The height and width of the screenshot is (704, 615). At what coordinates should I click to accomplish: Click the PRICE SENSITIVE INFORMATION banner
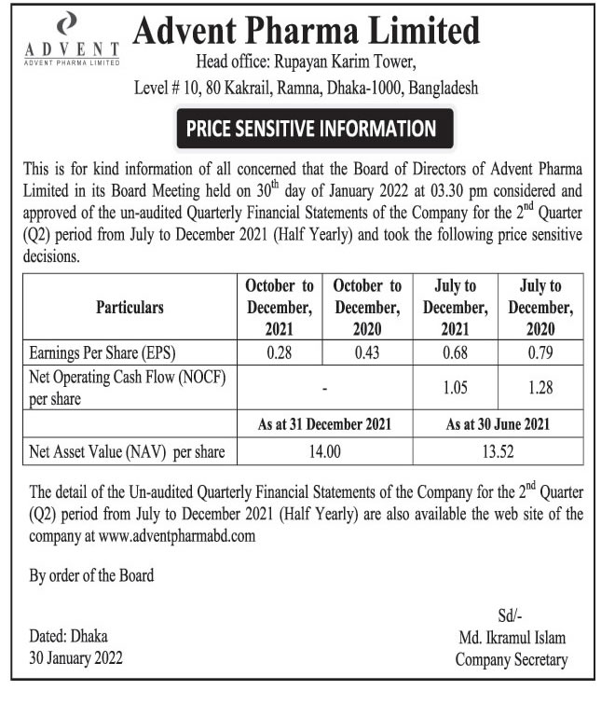tap(311, 128)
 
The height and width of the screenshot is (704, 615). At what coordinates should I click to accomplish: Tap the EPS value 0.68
tap(455, 352)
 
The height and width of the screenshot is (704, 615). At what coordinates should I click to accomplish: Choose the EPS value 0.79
tap(540, 352)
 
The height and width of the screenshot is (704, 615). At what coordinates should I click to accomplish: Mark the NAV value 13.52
tap(498, 452)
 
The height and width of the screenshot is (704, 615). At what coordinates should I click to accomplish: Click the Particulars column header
tap(130, 307)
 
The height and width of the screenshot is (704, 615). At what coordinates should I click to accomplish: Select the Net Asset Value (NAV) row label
tap(128, 452)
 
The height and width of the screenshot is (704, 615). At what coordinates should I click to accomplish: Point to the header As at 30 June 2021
tap(498, 423)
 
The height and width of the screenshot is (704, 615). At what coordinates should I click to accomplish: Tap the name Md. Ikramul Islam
tap(511, 638)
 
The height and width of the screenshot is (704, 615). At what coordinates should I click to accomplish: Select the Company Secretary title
tap(511, 659)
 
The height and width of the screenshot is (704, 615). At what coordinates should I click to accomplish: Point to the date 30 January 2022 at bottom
tap(75, 658)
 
